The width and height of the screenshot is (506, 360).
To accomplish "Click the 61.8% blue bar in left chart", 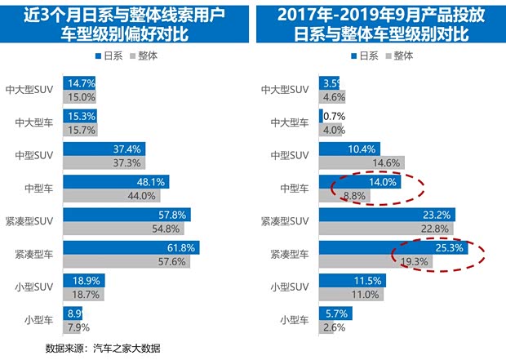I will click(x=131, y=248).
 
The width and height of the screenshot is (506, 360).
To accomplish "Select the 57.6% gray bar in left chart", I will click(x=126, y=262).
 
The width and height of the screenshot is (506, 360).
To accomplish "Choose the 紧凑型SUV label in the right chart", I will click(x=285, y=222).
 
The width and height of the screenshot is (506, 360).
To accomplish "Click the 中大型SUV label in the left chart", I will click(x=32, y=90).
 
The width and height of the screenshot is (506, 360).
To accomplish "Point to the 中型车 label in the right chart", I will click(x=293, y=189).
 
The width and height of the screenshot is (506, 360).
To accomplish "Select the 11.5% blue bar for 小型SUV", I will click(x=352, y=281).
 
